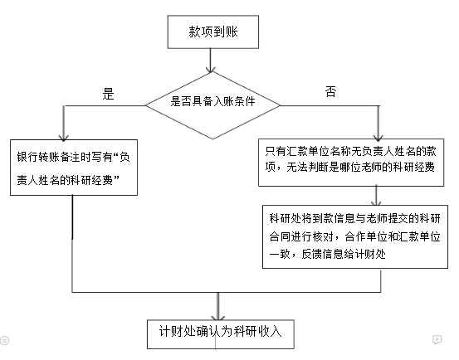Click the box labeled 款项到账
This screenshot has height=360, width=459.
click(213, 32)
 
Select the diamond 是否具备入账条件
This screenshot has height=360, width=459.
click(212, 105)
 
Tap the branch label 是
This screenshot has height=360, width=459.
click(108, 94)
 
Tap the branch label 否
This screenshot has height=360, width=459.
click(331, 91)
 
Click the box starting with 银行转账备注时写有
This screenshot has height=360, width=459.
click(74, 168)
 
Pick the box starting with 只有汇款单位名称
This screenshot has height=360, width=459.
click(351, 163)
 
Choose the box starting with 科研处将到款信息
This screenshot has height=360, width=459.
click(355, 236)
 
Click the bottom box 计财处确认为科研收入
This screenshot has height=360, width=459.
click(221, 334)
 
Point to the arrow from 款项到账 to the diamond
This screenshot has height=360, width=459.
click(211, 61)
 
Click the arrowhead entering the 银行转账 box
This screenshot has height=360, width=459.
click(64, 137)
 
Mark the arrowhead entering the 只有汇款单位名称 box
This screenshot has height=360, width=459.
click(378, 137)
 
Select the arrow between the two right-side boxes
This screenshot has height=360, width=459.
click(376, 196)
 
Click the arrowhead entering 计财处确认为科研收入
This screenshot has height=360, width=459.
click(217, 317)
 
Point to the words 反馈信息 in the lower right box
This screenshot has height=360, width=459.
click(323, 254)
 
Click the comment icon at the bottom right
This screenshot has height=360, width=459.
click(437, 339)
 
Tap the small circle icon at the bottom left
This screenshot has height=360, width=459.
click(4, 341)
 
